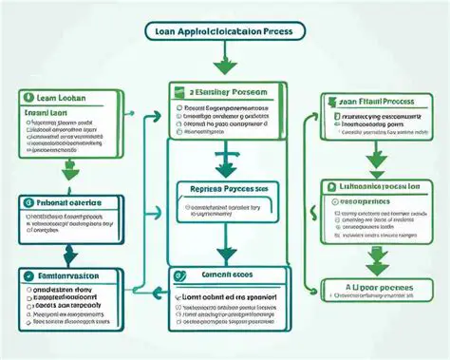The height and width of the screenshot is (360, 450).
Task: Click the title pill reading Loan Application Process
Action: [x=224, y=30]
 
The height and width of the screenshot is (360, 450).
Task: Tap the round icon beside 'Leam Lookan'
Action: [x=27, y=98]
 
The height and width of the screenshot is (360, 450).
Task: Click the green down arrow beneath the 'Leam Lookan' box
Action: [x=70, y=171]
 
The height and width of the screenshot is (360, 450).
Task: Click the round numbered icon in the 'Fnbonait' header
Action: [x=26, y=202]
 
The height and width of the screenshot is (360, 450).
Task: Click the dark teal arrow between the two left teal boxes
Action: [x=69, y=254]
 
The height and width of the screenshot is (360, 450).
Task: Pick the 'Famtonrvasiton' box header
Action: [x=71, y=275]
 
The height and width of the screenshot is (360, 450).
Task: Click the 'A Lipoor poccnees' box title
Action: [x=375, y=285]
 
